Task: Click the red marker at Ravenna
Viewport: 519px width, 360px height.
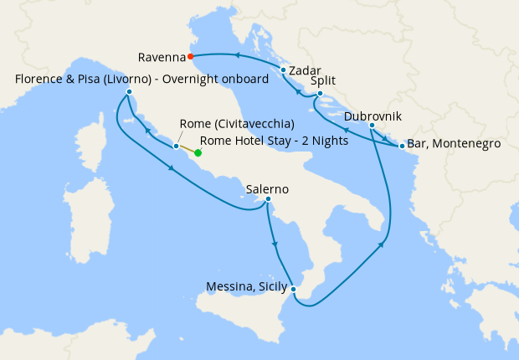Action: pos(192,57)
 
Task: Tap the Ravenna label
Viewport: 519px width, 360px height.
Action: pos(162,58)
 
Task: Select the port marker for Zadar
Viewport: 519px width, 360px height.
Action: pos(284,70)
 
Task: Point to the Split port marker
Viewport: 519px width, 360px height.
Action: pos(320,93)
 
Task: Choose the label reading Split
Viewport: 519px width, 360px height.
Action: pos(324,82)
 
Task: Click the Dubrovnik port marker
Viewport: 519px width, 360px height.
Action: pos(372,126)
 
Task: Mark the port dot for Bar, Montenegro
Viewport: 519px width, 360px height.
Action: pos(403,147)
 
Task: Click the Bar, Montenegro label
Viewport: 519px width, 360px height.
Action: pos(455,144)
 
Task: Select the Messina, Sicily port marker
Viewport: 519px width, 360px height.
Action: pos(293,289)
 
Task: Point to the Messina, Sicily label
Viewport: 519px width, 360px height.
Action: pos(247,287)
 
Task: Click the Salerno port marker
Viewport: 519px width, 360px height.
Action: pos(268,199)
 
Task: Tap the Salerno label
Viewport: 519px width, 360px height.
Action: pos(267,189)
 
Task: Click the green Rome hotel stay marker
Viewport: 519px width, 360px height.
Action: pos(198,153)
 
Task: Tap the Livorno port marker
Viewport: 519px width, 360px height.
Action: pos(130,91)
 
